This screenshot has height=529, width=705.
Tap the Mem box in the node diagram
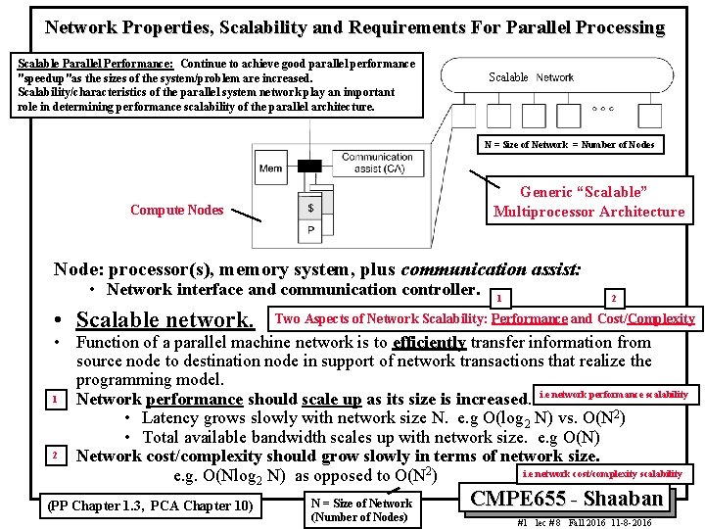270,168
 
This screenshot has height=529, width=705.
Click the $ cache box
310,208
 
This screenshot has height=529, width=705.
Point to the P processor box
310,231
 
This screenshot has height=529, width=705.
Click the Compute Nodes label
176,210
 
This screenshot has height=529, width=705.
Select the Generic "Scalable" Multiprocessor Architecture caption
588,202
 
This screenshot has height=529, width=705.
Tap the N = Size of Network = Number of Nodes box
570,145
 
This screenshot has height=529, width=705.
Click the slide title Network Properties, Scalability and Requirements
354,27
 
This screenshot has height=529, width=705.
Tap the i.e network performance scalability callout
613,394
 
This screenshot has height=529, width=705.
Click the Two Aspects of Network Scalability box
485,318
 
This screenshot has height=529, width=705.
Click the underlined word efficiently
428,342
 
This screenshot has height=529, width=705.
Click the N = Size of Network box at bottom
361,509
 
